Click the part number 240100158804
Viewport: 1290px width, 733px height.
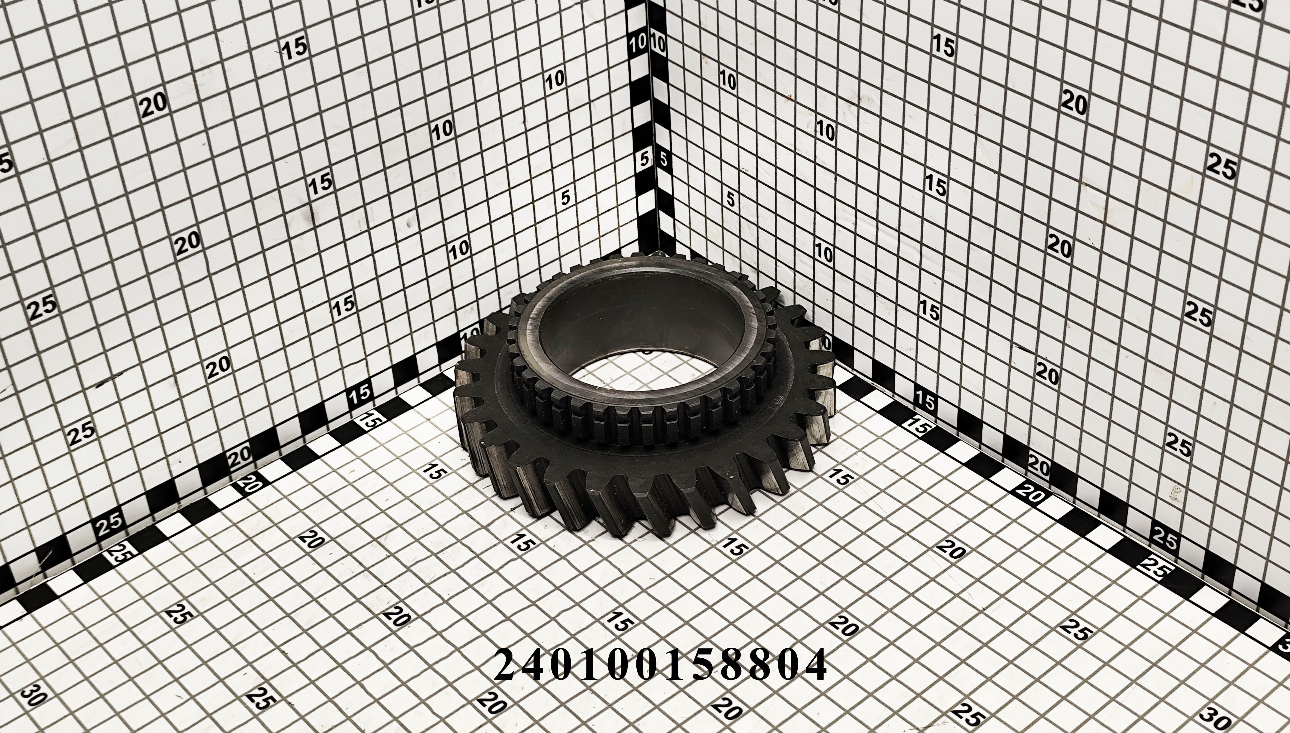(660, 665)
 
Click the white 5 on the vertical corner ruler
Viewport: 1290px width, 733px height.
(644, 160)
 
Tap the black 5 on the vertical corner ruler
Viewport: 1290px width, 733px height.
(663, 160)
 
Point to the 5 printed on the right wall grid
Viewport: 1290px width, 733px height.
(730, 200)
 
